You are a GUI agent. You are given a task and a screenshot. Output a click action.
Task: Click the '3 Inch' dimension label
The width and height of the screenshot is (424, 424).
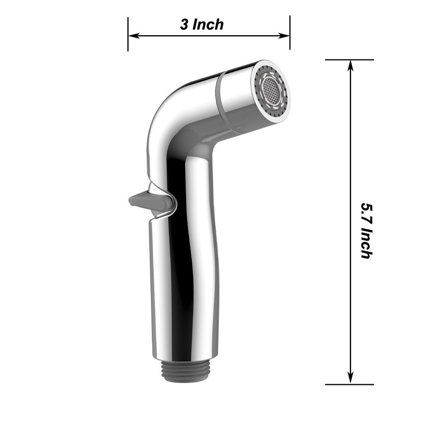tap(202, 24)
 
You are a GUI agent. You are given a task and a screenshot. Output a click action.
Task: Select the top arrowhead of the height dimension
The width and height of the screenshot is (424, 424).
tap(351, 65)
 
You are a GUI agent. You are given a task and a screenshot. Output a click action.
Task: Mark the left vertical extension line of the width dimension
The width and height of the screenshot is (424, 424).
tap(128, 34)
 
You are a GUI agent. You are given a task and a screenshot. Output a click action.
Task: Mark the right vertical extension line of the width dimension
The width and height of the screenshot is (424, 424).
tap(290, 32)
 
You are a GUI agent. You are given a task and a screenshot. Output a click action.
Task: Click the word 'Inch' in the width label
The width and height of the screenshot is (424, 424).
tap(208, 24)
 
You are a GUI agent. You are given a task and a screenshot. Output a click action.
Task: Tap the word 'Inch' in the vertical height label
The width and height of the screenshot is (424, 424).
tap(366, 244)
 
